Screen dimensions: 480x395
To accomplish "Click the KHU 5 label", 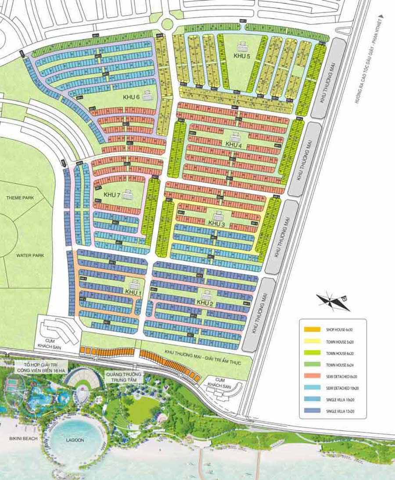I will tap(242, 56).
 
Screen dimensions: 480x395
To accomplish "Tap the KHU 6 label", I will tap(131, 97).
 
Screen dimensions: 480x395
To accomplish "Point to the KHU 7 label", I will tap(112, 195).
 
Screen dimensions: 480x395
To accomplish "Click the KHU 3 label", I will tap(216, 224).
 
